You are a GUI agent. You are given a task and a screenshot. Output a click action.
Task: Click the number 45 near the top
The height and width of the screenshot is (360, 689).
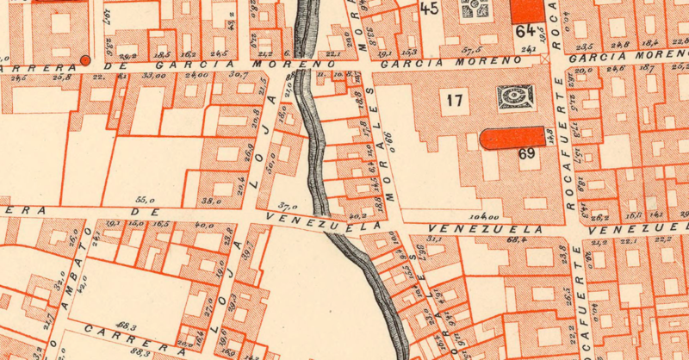(x=428, y=9)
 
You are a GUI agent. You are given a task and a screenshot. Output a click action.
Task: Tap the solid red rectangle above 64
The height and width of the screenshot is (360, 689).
(x=528, y=9)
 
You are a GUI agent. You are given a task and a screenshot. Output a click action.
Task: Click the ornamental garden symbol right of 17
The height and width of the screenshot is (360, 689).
(x=512, y=97)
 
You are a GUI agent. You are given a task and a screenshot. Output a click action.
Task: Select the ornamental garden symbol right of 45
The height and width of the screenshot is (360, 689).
(x=476, y=9)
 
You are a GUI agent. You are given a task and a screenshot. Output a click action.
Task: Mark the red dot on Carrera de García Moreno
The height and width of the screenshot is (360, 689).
(x=85, y=60)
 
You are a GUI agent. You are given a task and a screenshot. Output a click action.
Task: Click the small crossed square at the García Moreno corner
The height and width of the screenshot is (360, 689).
(x=544, y=59)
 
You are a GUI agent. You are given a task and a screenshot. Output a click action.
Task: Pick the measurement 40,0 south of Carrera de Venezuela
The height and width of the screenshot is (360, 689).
(x=204, y=225)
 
